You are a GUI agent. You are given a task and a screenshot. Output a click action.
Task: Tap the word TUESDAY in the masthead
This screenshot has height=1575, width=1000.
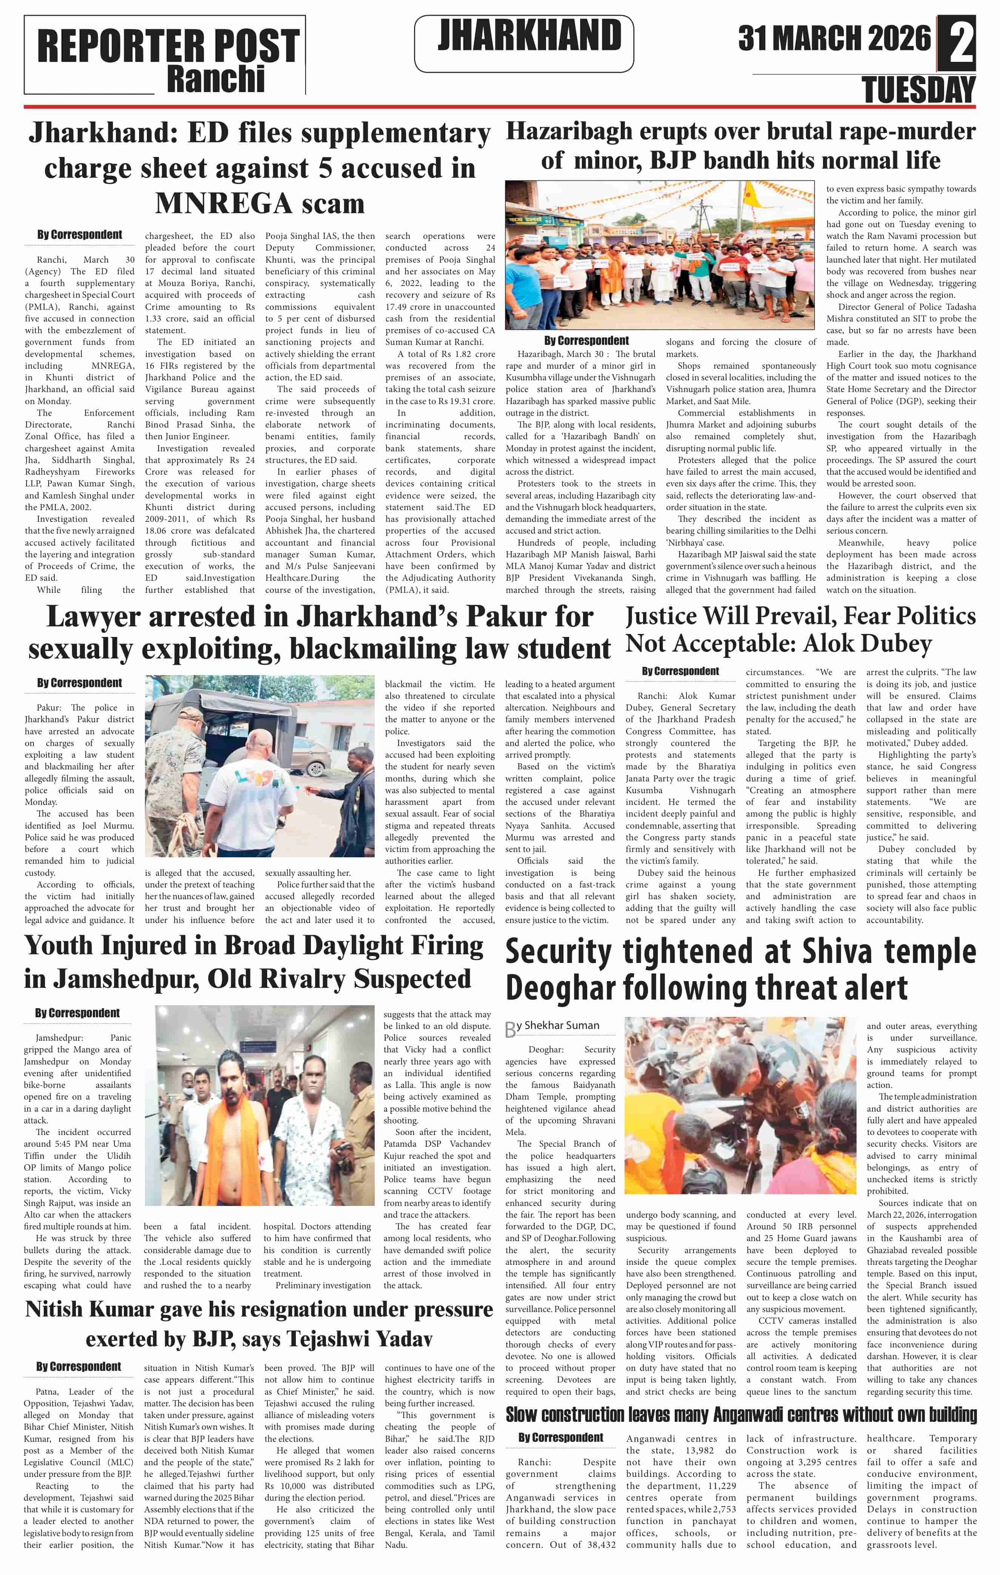point(918,89)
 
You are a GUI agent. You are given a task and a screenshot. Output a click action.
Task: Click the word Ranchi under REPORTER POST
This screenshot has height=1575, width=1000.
point(216,78)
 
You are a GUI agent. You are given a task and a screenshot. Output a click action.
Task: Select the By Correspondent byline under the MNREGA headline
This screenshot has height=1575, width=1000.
point(79,235)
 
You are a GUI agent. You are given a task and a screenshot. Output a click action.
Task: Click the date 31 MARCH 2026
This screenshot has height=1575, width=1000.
point(834,38)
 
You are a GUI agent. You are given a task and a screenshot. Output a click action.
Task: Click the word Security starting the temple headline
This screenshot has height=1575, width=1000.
point(563,952)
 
